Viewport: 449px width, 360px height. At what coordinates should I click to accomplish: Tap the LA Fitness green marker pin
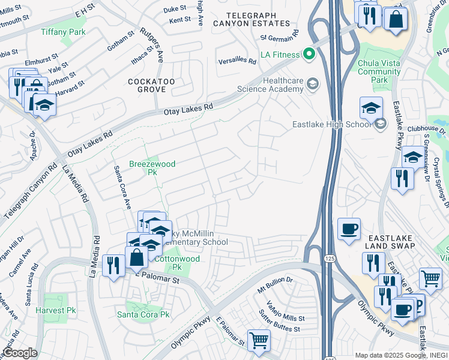point(309,55)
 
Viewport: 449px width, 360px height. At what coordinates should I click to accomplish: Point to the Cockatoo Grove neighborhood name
point(146,85)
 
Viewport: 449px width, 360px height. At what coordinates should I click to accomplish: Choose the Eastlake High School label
point(331,124)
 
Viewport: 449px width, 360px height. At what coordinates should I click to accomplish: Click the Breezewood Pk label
point(143,167)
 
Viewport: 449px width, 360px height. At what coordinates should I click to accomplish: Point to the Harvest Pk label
point(55,310)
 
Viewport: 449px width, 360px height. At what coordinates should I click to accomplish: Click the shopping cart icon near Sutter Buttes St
point(259,340)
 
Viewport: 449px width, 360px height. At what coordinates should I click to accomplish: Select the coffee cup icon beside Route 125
point(349,229)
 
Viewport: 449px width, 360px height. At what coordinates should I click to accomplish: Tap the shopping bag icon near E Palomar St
point(137,257)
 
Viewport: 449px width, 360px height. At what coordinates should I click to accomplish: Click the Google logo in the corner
point(19,353)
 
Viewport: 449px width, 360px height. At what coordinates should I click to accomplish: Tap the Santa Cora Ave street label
point(122,187)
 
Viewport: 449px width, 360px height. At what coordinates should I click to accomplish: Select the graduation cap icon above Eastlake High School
point(371,108)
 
